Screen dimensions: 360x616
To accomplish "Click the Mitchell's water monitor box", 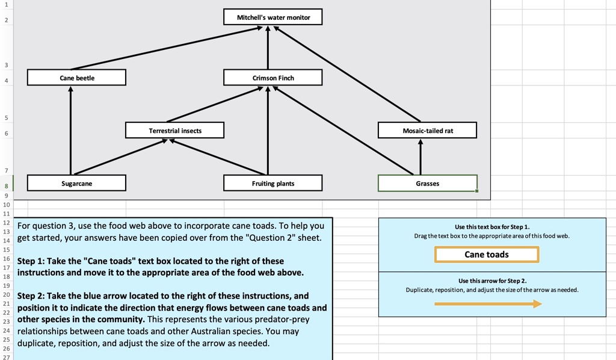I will [x=273, y=17].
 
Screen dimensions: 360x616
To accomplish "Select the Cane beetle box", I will [x=76, y=78].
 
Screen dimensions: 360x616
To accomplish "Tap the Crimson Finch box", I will [x=273, y=78].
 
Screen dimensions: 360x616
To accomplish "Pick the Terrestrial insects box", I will [x=174, y=131].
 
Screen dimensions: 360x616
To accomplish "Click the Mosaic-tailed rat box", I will [x=427, y=131].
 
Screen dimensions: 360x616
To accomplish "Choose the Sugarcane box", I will [x=76, y=183].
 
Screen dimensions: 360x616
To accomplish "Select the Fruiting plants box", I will [x=273, y=183].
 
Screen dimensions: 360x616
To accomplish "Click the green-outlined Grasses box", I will [x=427, y=183].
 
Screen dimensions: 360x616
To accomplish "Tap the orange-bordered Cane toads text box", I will [x=486, y=255].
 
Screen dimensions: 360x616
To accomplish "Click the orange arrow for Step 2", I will [x=487, y=304].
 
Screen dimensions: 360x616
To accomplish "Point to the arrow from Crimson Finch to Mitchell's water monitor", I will [x=268, y=48].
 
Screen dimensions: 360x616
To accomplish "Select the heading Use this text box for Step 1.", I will [x=492, y=227].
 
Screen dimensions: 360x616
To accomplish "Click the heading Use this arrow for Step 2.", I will [x=492, y=281].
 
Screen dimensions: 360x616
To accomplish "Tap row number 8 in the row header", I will [x=5, y=186].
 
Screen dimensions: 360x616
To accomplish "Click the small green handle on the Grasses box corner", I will [x=477, y=191].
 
